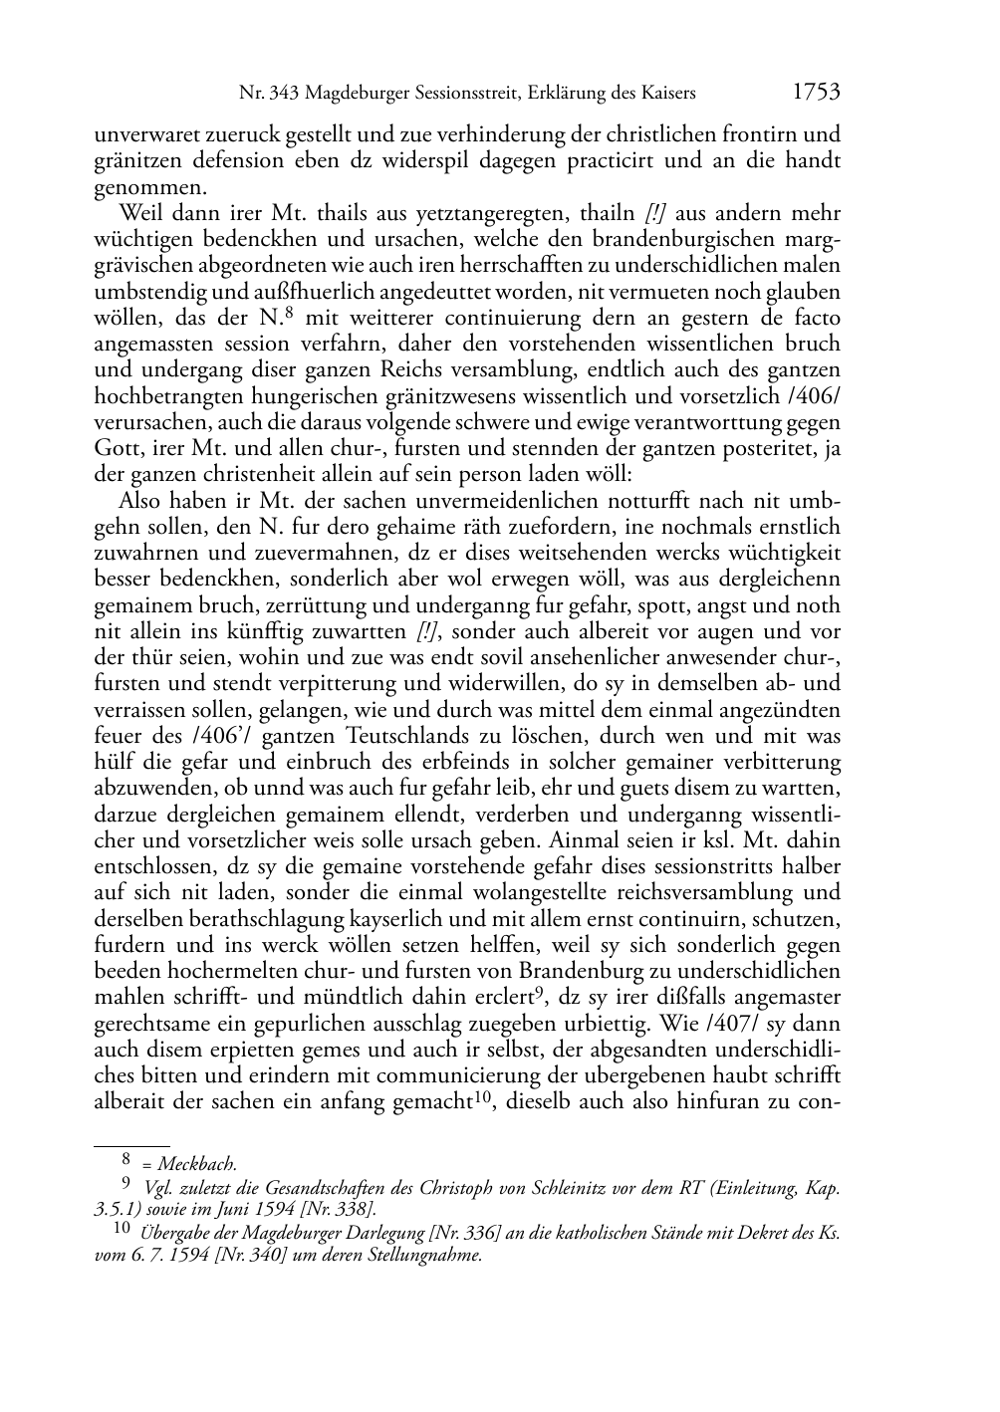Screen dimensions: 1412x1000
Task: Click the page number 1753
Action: pos(817,93)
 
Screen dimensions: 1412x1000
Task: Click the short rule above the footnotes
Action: pos(131,1145)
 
